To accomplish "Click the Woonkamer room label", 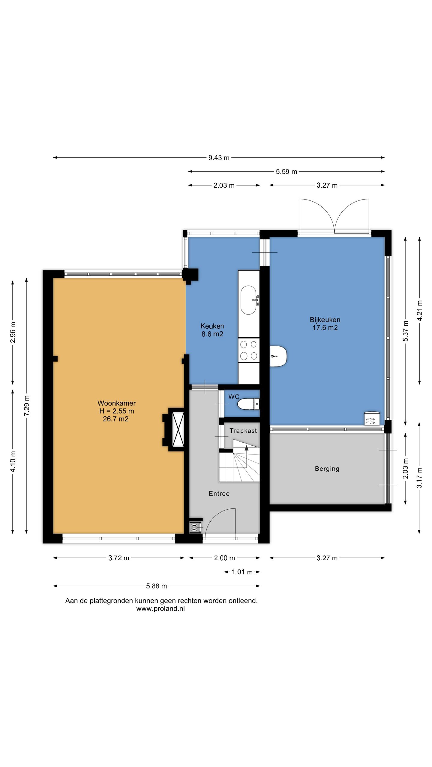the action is click(x=116, y=403).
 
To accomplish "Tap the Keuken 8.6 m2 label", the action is click(x=212, y=330).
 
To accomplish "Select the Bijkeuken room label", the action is click(x=325, y=320).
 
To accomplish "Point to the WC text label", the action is click(x=234, y=397).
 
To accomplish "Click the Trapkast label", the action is click(x=243, y=431).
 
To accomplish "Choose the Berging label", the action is click(x=327, y=469).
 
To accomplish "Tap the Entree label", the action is click(x=219, y=493).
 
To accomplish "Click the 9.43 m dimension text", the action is click(x=219, y=158).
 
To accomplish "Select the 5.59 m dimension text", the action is click(x=286, y=172).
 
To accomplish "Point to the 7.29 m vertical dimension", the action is click(x=27, y=405).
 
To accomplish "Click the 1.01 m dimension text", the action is click(x=242, y=572).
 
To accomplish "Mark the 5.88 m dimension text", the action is click(x=156, y=586).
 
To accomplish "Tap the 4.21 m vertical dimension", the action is click(x=420, y=311).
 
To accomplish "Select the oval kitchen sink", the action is click(x=249, y=300).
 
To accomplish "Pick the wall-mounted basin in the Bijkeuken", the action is click(x=278, y=356).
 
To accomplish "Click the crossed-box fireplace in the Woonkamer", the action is click(x=178, y=429).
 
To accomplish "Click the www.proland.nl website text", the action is click(x=160, y=609).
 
